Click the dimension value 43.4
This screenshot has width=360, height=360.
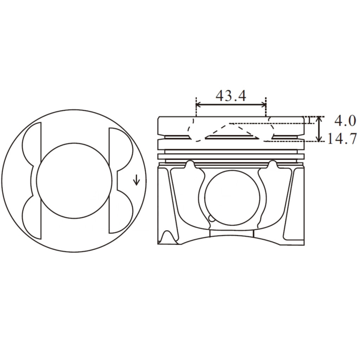coord(231,95)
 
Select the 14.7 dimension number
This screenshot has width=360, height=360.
coord(342,139)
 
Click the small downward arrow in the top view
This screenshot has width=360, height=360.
coord(137,181)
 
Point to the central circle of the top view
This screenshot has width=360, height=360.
coord(74,180)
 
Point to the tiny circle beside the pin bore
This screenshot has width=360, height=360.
coord(212,218)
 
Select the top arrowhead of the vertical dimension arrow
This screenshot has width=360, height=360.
coord(319,118)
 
